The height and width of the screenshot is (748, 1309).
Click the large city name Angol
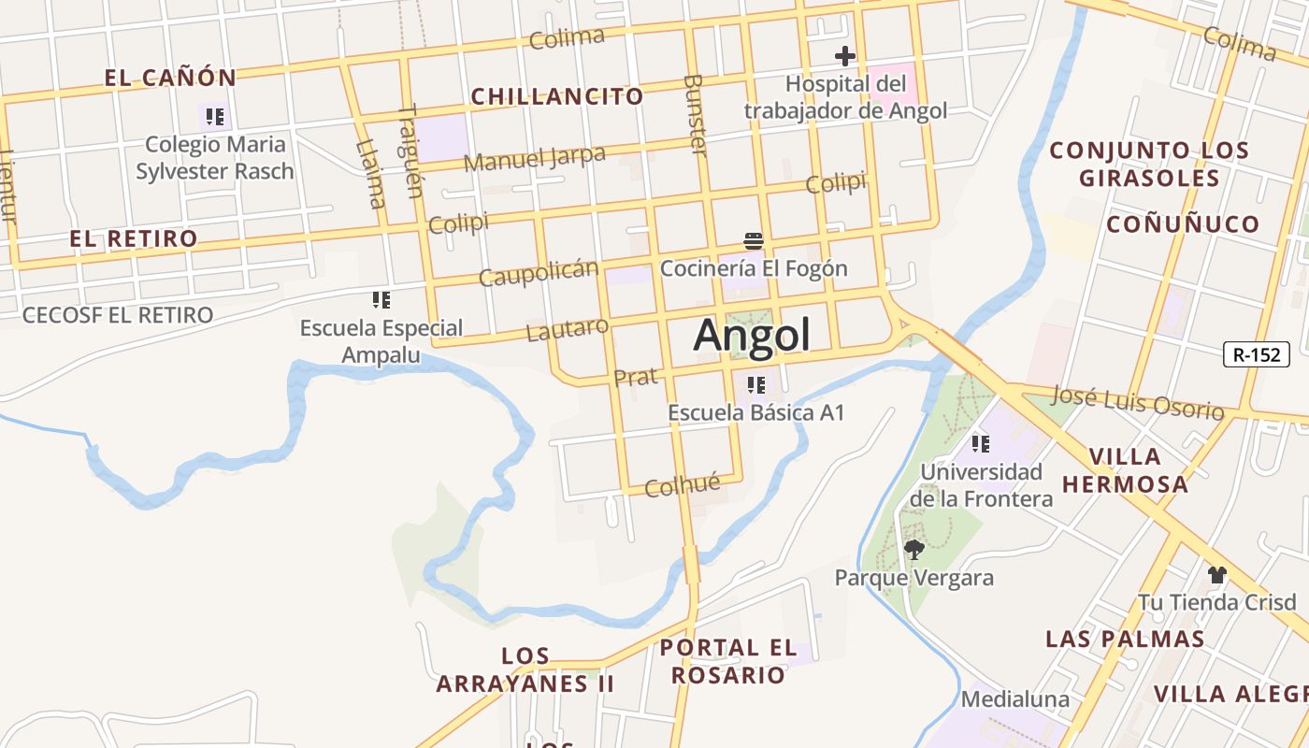[752, 335]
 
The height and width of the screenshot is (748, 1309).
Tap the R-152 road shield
[1257, 354]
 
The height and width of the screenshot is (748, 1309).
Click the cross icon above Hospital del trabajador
[845, 56]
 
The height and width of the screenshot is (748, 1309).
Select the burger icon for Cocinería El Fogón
[754, 241]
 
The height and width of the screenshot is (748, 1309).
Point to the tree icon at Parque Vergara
[913, 550]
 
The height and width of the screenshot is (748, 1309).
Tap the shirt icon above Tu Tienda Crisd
[1216, 574]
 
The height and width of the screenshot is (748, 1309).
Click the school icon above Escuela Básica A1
[756, 384]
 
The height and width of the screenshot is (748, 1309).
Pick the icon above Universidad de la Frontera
[980, 443]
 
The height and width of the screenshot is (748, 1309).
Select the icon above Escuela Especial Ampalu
[381, 300]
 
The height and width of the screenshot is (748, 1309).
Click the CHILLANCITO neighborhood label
[557, 96]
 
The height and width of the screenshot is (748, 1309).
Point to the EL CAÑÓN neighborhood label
[170, 78]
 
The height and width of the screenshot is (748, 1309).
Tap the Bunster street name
[695, 115]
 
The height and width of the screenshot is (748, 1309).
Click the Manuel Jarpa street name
[534, 158]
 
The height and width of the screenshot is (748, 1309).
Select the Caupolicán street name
[538, 274]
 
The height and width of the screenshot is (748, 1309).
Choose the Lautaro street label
[567, 329]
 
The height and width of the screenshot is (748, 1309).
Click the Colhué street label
[683, 484]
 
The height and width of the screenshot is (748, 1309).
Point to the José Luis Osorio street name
[1138, 402]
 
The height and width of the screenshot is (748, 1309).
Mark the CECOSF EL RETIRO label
[118, 315]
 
